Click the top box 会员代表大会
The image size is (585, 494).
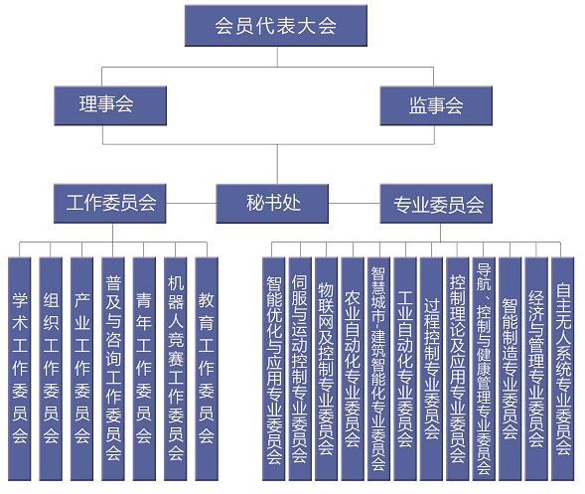276,26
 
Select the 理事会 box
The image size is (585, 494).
110,105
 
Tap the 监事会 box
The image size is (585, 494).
436,105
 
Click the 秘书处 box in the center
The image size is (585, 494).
272,204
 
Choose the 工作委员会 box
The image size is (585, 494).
110,204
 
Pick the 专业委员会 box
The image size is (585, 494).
436,204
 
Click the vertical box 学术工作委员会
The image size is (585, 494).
20,369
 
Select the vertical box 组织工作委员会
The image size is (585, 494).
51,369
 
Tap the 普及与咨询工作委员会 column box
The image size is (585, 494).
113,369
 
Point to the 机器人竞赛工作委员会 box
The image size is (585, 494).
176,369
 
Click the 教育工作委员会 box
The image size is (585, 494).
207,369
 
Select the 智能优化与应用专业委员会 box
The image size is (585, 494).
274,369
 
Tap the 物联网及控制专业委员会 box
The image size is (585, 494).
327,369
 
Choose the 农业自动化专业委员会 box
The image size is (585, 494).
353,369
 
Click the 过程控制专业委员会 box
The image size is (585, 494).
432,369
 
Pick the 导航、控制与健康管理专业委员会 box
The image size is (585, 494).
484,369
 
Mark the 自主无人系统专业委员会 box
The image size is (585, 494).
563,369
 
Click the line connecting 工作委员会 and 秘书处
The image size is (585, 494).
192,204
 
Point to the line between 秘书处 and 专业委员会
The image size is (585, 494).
355,204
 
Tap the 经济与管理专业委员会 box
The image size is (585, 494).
536,369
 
